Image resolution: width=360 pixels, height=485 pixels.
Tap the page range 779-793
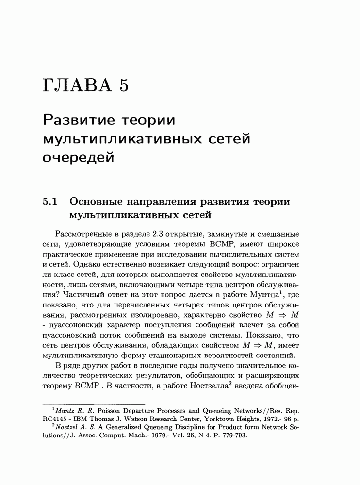pyautogui.click(x=231, y=436)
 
